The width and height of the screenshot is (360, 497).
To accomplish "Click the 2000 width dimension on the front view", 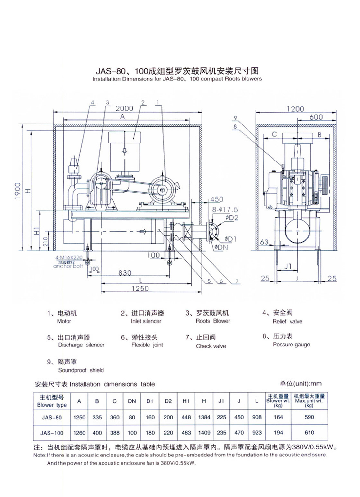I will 124,109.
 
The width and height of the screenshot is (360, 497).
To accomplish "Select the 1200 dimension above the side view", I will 295,109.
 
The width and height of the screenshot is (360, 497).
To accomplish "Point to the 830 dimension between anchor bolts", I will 125,273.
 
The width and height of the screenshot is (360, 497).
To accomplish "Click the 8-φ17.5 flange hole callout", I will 225,210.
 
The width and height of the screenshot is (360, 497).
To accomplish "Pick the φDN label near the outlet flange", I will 221,247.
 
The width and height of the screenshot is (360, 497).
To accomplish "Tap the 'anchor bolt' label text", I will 68,266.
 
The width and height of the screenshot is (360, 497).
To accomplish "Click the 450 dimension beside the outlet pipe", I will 217,199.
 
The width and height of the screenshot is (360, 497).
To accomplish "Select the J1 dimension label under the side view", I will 288,266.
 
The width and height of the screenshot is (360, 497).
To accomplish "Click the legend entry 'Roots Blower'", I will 213,321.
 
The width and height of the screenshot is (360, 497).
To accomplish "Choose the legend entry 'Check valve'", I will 211,346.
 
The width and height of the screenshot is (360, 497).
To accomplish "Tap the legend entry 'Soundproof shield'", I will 81,370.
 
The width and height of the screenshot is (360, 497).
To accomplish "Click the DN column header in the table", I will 132,401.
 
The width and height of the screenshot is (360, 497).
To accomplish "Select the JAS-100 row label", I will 52,433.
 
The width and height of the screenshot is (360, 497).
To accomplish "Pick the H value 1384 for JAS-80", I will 204,417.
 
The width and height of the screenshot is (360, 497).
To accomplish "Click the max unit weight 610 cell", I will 309,433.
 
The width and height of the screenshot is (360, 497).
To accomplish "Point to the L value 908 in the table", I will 257,417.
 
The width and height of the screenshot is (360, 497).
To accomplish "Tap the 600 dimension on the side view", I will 316,117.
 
